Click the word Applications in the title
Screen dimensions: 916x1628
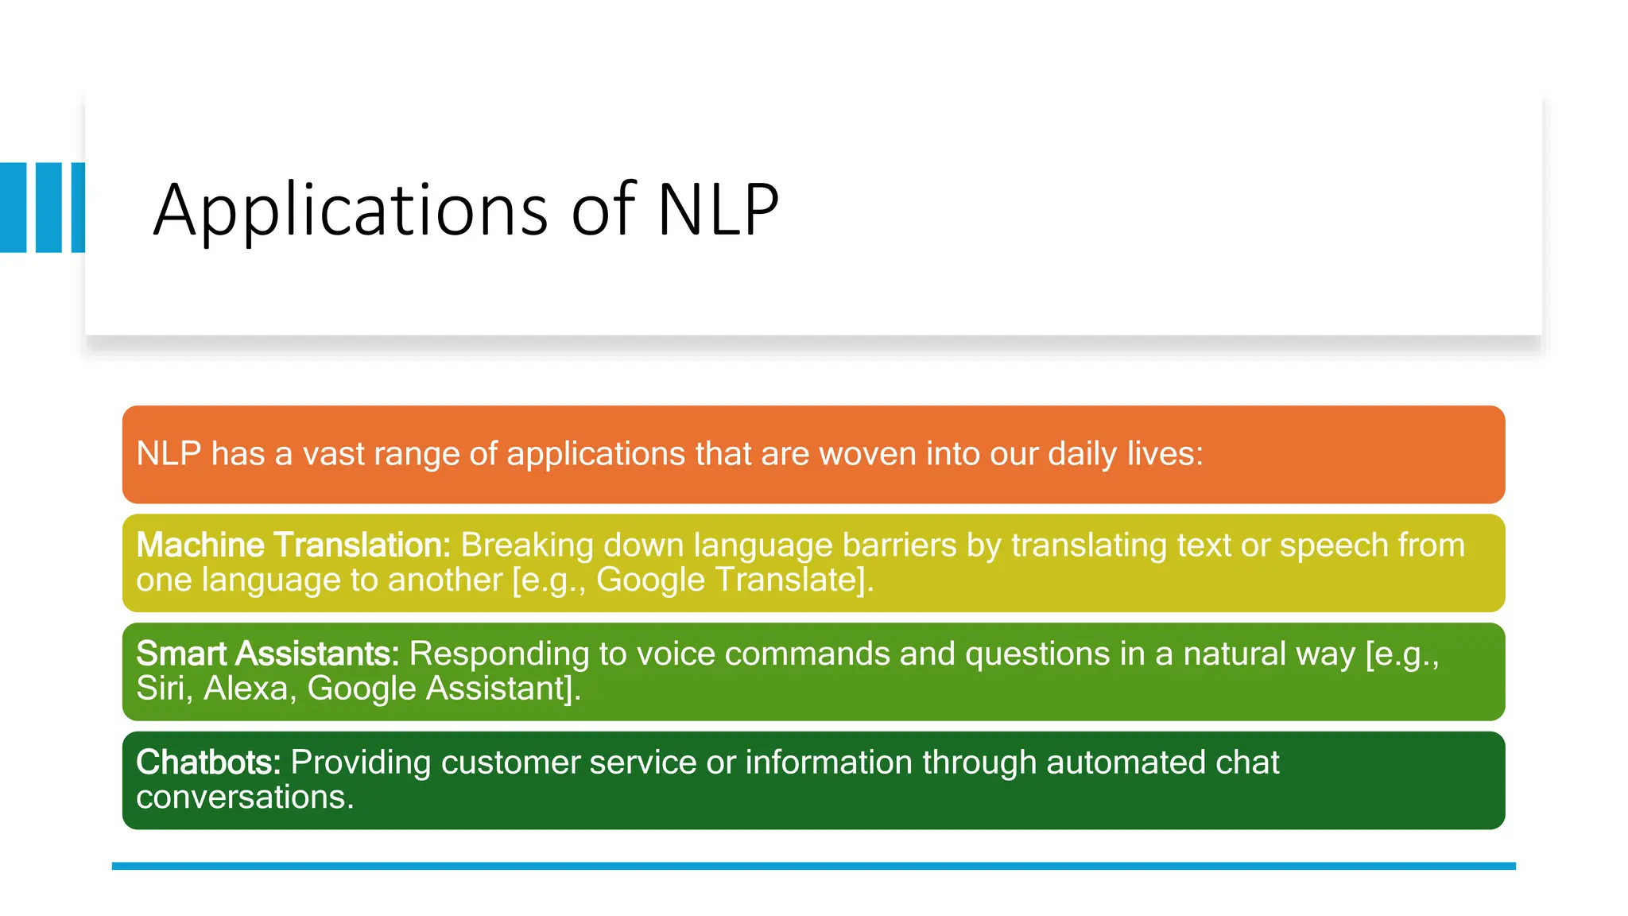pyautogui.click(x=351, y=210)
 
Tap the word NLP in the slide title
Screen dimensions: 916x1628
pyautogui.click(x=718, y=210)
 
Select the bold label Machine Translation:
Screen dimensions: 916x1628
pyautogui.click(x=293, y=545)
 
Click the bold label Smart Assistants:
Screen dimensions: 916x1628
pyautogui.click(x=267, y=654)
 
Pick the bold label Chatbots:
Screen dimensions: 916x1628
pyautogui.click(x=208, y=763)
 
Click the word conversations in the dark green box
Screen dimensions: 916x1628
pyautogui.click(x=244, y=797)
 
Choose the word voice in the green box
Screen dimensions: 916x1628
pyautogui.click(x=675, y=654)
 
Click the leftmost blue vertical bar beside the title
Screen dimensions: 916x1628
pyautogui.click(x=13, y=208)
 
